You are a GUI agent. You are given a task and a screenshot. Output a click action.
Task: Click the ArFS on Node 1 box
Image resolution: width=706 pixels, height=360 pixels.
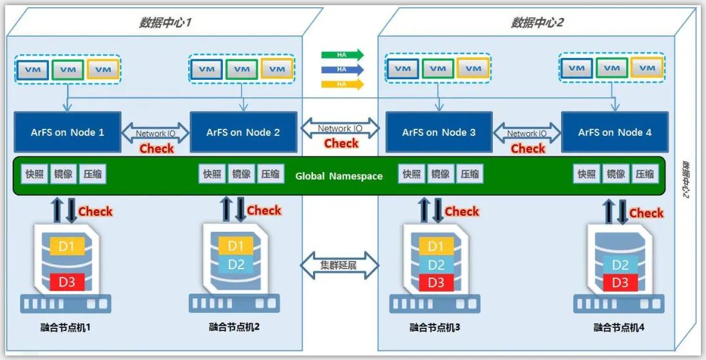pyautogui.click(x=68, y=133)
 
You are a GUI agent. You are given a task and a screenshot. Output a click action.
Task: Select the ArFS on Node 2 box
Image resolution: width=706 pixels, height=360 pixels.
pyautogui.click(x=243, y=133)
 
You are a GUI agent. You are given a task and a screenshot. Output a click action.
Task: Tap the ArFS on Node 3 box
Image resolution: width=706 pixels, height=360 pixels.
pyautogui.click(x=439, y=133)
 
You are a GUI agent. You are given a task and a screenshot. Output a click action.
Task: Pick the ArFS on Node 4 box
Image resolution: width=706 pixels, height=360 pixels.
pyautogui.click(x=615, y=133)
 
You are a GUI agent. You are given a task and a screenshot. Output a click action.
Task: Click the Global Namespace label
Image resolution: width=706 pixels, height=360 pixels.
pyautogui.click(x=339, y=176)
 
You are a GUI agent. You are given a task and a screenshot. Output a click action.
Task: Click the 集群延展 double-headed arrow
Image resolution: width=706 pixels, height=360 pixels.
pyautogui.click(x=339, y=265)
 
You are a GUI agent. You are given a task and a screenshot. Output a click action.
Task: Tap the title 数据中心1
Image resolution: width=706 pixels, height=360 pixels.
pyautogui.click(x=166, y=23)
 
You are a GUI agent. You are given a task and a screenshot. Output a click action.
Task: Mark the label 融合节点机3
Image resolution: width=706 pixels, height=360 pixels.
pyautogui.click(x=435, y=327)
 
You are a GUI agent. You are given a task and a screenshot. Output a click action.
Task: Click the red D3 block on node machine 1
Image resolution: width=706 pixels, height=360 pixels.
pyautogui.click(x=67, y=281)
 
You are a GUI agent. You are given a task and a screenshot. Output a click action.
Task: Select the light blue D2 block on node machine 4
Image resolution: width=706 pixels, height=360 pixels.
pyautogui.click(x=620, y=265)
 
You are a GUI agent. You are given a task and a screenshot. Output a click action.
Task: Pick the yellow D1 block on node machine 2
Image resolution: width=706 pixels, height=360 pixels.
pyautogui.click(x=236, y=245)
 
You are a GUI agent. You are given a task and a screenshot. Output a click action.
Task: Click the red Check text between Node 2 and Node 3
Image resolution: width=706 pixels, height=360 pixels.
pyautogui.click(x=341, y=144)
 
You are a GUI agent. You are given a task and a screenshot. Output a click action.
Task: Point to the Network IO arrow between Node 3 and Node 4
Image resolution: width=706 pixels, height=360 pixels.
pyautogui.click(x=527, y=133)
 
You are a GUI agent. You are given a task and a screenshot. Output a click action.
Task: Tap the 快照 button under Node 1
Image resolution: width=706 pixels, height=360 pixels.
pyautogui.click(x=35, y=174)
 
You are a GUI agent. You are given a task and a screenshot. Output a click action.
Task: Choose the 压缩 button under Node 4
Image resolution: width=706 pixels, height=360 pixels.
pyautogui.click(x=645, y=174)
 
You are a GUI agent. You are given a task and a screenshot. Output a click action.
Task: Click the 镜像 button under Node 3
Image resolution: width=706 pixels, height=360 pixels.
pyautogui.click(x=441, y=174)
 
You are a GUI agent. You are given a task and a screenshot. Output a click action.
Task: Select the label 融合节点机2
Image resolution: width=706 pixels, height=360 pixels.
pyautogui.click(x=234, y=327)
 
